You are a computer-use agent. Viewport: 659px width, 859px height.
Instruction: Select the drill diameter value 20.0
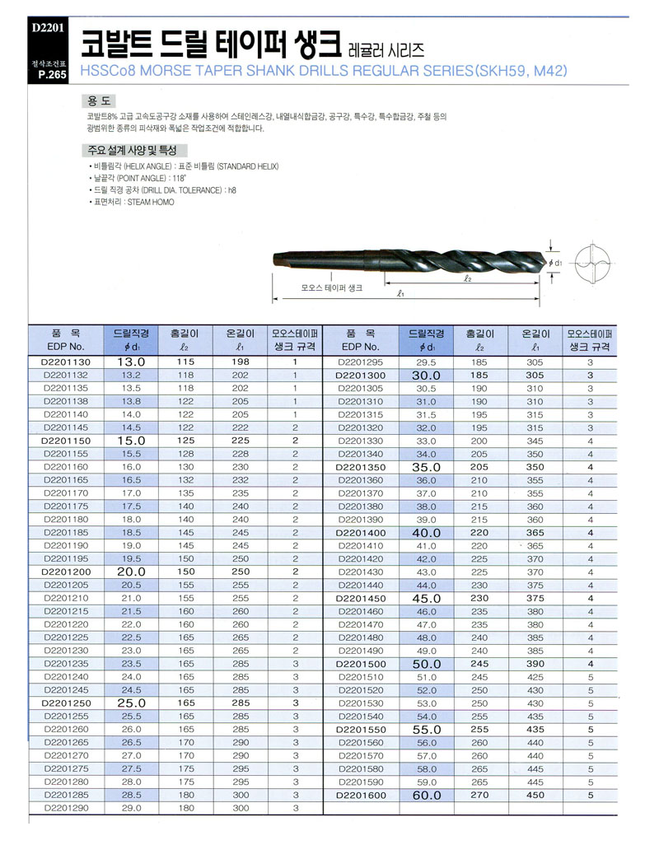(131, 572)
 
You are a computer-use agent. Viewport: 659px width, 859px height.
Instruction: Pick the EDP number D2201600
(362, 796)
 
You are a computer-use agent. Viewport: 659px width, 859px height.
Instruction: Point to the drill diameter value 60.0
(427, 796)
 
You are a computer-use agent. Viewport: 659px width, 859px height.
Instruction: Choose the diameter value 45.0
(427, 598)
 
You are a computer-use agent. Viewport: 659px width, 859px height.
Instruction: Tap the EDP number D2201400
(362, 533)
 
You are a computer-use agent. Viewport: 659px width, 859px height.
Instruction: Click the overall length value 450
(535, 796)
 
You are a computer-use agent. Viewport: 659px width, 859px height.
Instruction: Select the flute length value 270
(479, 796)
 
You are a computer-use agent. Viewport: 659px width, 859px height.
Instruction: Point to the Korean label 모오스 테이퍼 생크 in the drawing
(331, 288)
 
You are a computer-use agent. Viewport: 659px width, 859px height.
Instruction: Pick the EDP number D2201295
(362, 362)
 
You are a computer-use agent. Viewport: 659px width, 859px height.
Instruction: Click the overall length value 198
(240, 362)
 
